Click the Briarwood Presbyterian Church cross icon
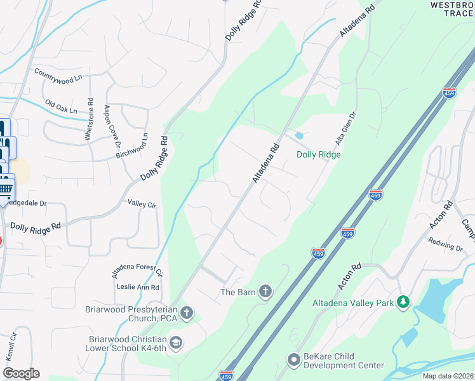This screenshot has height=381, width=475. (187, 312)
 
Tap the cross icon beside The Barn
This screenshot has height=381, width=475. (265, 291)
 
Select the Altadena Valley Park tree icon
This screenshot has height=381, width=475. (402, 303)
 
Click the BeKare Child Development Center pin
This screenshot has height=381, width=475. (293, 360)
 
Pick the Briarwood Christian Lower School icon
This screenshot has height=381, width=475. (176, 343)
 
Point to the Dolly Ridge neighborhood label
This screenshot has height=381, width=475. (319, 155)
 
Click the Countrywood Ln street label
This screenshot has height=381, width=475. (58, 76)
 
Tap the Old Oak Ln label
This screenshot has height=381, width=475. (64, 104)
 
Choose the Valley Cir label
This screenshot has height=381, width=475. (142, 204)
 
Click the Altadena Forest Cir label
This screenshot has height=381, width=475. (137, 264)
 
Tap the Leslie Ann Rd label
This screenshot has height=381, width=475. (138, 287)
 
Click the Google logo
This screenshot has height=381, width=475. (21, 373)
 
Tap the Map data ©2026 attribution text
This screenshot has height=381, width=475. (447, 376)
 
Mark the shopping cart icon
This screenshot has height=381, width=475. (6, 189)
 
